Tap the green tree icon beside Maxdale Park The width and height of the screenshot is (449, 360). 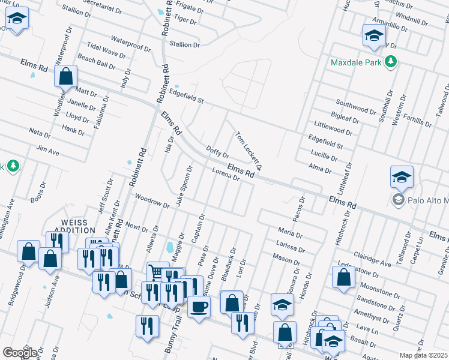[x=391, y=61]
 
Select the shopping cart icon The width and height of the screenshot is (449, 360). [x=157, y=272]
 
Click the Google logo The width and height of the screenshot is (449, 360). [x=20, y=352]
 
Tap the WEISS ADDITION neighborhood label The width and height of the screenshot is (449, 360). [x=79, y=226]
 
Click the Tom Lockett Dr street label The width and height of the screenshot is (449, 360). [x=249, y=149]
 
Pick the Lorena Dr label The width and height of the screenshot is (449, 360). [x=226, y=175]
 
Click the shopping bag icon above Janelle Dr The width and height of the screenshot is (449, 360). [x=65, y=76]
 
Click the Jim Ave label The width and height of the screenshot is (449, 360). [x=48, y=150]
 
